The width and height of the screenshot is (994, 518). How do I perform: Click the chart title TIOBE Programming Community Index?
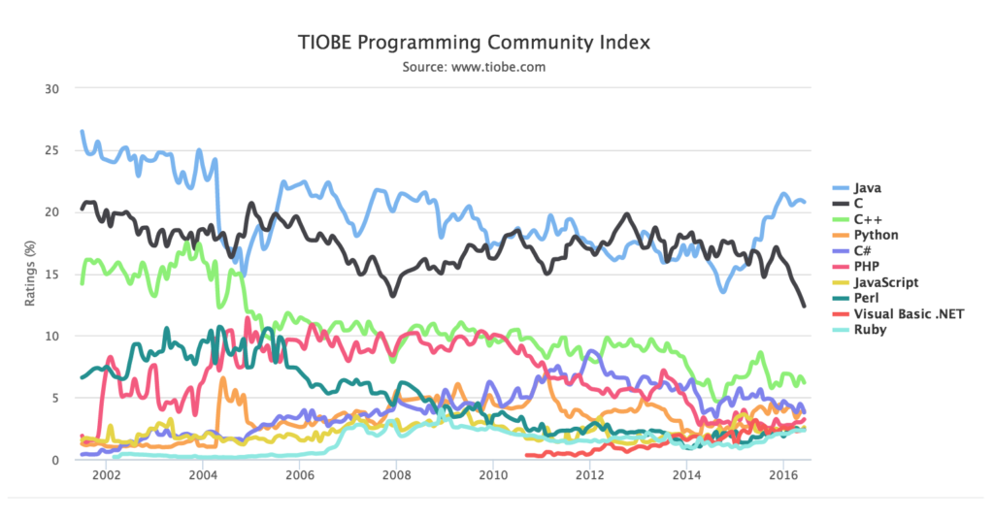(x=473, y=43)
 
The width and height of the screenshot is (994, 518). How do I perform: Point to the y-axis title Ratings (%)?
(x=30, y=274)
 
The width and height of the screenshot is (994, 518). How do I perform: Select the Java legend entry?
(x=867, y=188)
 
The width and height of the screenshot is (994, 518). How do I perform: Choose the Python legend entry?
(x=876, y=235)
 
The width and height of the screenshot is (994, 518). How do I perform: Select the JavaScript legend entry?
(x=884, y=282)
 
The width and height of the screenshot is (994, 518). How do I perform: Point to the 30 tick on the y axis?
(x=52, y=88)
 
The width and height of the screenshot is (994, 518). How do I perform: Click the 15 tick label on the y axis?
(x=52, y=275)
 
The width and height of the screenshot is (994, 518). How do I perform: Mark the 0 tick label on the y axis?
(x=56, y=460)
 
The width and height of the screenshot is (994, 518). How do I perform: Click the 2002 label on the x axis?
(x=106, y=476)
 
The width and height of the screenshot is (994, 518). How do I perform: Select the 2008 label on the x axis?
(x=396, y=476)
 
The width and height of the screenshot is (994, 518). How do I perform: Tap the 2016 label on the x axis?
(x=783, y=476)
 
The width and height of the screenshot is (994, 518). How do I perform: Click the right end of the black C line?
(x=804, y=307)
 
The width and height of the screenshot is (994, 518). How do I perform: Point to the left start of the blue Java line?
(x=82, y=131)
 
